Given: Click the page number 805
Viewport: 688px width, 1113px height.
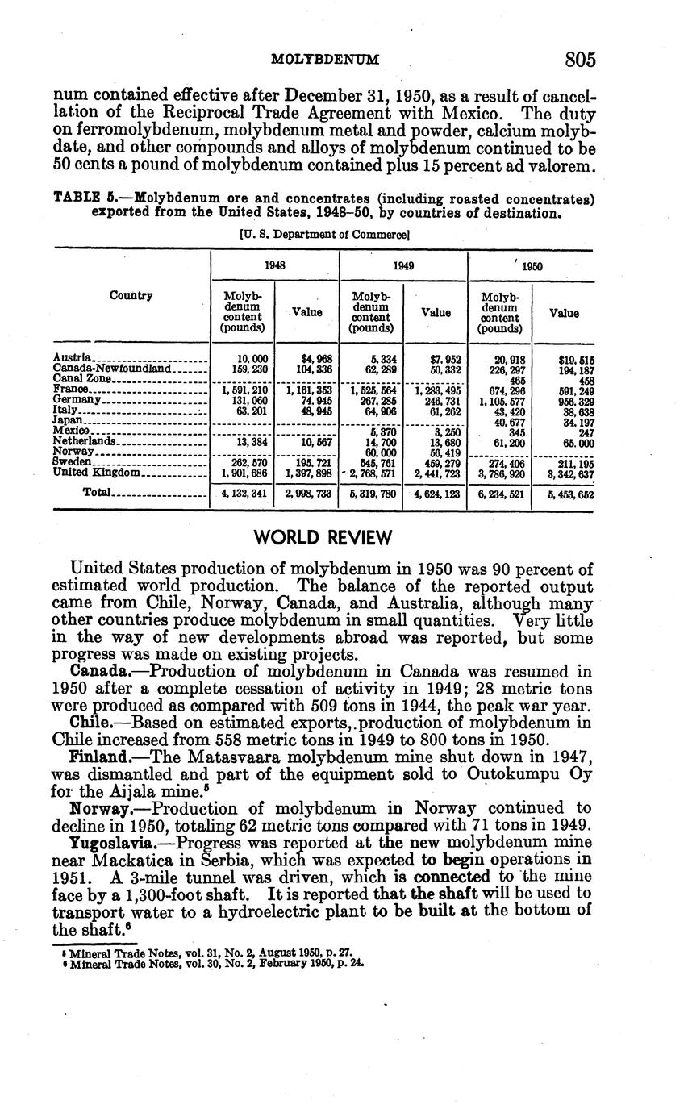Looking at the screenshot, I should click(580, 60).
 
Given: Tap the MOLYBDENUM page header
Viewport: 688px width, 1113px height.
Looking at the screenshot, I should click(325, 60).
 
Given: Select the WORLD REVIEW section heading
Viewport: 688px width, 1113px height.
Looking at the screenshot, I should click(323, 538).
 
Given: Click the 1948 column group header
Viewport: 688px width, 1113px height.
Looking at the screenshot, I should click(275, 265).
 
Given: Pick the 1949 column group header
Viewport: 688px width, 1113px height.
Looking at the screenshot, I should click(403, 265).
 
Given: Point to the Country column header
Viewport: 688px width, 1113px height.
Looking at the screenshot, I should click(131, 295).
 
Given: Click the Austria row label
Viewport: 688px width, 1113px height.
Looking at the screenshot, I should click(72, 357).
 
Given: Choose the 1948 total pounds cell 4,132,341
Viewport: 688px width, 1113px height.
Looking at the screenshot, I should click(243, 494).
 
